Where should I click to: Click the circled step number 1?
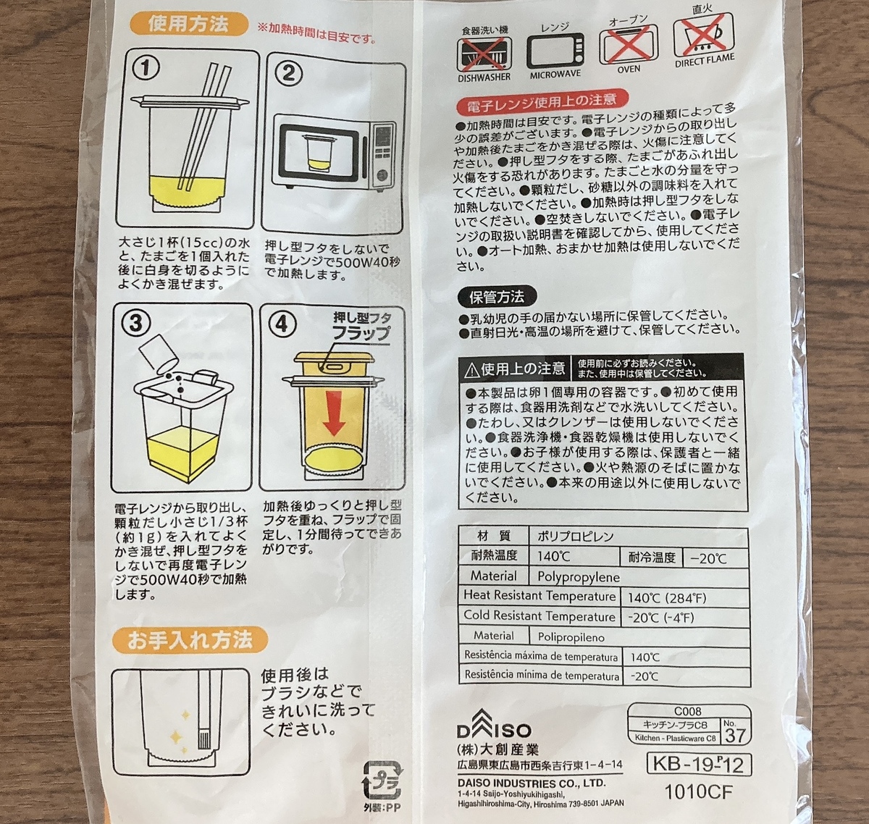[x=146, y=70]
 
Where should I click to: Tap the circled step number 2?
[x=288, y=72]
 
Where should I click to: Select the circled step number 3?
[x=135, y=323]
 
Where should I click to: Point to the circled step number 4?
[x=283, y=325]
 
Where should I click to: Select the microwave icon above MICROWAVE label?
[x=555, y=52]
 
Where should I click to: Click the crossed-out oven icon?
[x=628, y=46]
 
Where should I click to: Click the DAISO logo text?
[x=494, y=731]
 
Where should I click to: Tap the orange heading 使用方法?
[x=188, y=25]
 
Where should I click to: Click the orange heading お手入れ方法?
[x=190, y=640]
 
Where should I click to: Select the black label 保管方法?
[x=496, y=297]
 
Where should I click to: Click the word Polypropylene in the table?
[x=579, y=577]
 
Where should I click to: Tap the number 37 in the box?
[x=735, y=735]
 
